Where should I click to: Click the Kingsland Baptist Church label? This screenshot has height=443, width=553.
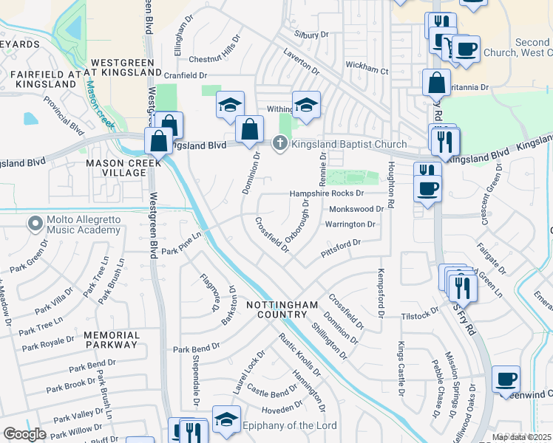[349, 144]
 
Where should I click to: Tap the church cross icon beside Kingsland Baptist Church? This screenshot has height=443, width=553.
[280, 143]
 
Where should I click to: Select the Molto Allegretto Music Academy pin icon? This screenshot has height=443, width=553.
[34, 223]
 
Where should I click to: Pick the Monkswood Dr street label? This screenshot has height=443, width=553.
[356, 209]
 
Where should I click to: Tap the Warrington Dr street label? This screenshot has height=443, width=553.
[350, 224]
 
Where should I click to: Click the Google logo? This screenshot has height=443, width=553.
[25, 434]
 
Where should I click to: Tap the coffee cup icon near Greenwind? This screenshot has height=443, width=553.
[506, 380]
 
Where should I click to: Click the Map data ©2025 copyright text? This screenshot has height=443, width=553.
[522, 437]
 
